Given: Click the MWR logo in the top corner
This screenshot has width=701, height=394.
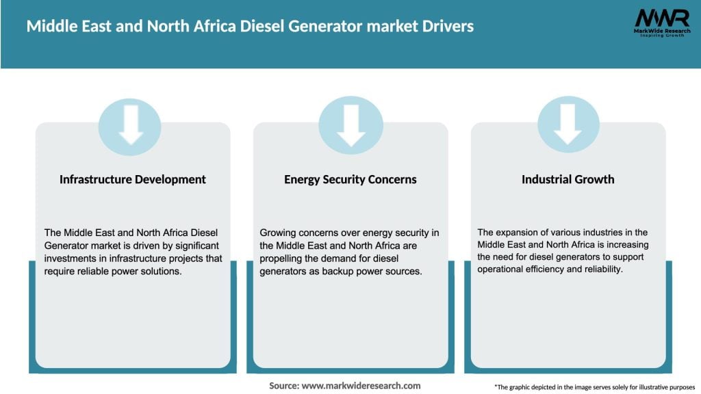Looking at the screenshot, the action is click(661, 18).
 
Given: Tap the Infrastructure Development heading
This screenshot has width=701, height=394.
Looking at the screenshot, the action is click(133, 179).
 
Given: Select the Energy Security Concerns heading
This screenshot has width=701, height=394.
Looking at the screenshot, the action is click(350, 179).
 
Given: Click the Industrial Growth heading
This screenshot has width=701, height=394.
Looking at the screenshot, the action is click(568, 179).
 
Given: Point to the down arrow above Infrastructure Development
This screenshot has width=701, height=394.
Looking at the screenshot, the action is click(131, 125).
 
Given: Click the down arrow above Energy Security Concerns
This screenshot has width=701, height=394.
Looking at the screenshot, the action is click(350, 125).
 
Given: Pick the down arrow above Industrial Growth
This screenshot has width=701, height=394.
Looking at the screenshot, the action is click(568, 125).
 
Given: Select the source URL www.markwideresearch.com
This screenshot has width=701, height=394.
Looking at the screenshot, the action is click(361, 386).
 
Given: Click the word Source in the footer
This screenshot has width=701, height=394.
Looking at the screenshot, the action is click(283, 386).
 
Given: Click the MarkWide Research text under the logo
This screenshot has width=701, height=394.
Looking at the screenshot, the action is click(661, 31).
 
